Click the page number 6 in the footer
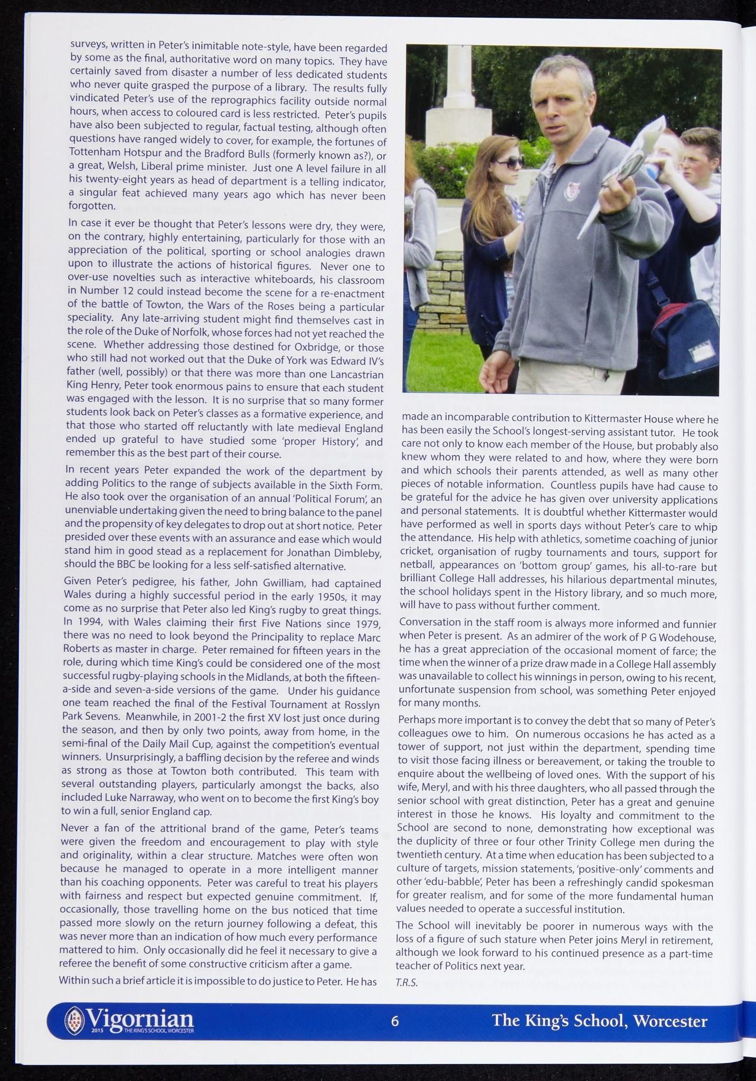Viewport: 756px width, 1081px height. (x=395, y=1021)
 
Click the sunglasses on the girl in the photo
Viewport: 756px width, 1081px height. (x=509, y=162)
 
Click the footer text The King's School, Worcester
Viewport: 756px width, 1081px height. (x=599, y=1021)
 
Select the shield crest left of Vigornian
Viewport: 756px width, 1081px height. (x=73, y=1018)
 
